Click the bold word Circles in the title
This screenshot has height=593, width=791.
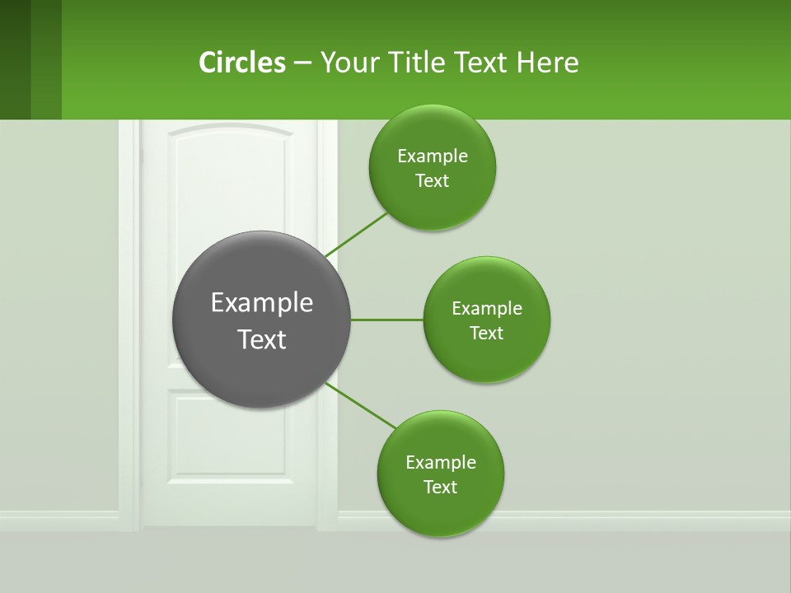(241, 63)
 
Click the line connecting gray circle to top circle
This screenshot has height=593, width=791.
(356, 236)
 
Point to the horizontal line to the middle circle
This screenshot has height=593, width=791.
(386, 320)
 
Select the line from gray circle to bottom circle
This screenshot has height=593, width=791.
(361, 405)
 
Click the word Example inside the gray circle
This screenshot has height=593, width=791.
(262, 303)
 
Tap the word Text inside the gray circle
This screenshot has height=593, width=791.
(262, 339)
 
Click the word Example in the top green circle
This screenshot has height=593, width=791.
(432, 156)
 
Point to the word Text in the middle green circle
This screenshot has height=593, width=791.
(486, 334)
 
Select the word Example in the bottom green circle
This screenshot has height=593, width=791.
(440, 463)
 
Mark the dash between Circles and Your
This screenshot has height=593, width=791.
(302, 63)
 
